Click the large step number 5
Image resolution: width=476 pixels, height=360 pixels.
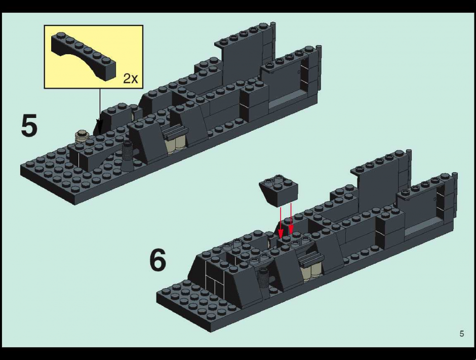point(29,125)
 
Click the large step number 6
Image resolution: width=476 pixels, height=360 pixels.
point(158,260)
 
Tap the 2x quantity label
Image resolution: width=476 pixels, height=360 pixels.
point(131,78)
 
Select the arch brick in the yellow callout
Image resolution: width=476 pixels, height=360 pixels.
point(84,56)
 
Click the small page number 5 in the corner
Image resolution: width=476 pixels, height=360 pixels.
point(462,334)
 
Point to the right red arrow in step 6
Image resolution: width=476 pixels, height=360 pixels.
point(291,218)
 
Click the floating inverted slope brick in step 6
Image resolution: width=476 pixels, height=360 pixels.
point(279,190)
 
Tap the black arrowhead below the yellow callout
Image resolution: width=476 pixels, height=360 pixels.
point(100,125)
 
